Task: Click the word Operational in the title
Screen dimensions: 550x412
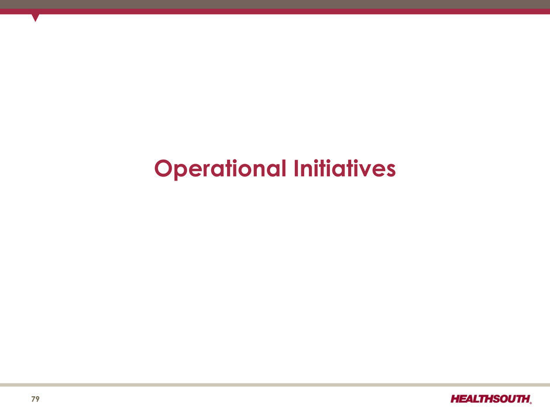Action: [x=220, y=169]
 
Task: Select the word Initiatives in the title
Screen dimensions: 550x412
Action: [x=345, y=168]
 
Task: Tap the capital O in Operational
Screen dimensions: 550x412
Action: [x=164, y=168]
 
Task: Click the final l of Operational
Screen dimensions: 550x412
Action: [x=284, y=168]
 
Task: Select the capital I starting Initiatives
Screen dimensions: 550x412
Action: [x=297, y=168]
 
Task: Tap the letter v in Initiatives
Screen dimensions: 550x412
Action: [x=365, y=171]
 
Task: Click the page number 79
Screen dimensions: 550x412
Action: [x=36, y=399]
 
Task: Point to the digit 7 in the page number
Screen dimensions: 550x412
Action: [x=33, y=399]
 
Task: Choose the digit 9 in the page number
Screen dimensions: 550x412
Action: [x=38, y=399]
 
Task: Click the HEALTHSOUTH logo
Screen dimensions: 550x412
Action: [x=491, y=399]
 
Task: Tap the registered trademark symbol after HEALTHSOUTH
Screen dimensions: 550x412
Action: [x=531, y=403]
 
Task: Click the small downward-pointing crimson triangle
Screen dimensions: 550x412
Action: [x=35, y=17]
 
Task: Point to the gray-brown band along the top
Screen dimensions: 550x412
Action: [x=275, y=4]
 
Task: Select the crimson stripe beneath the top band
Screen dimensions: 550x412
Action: [x=275, y=12]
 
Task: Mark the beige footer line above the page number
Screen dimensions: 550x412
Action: [x=275, y=385]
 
